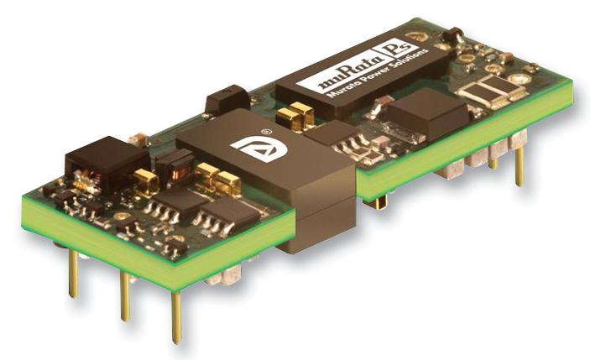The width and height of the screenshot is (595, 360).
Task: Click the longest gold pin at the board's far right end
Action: coord(519,166)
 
